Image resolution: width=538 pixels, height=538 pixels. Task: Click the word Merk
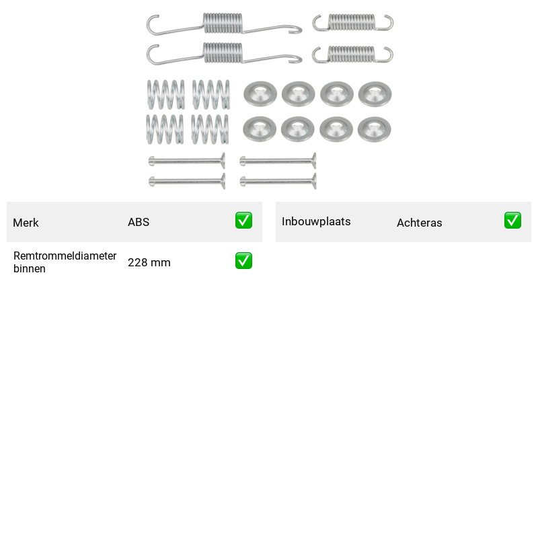coord(26,223)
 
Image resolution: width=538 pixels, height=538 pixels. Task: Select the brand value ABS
coord(139,222)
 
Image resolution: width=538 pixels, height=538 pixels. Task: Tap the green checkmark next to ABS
coord(243,221)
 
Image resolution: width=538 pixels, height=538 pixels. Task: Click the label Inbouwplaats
coord(316,222)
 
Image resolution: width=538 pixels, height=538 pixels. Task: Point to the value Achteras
coord(419,223)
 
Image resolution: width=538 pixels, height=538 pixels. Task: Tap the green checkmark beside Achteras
coord(512,221)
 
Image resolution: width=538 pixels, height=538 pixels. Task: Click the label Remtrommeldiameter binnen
coord(65,262)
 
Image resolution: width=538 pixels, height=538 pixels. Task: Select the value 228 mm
coord(149,262)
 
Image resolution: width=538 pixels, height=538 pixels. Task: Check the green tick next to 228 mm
coord(243,261)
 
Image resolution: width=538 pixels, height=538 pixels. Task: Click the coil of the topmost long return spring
coord(223,24)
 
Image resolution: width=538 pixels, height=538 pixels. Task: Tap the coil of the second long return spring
coord(223,53)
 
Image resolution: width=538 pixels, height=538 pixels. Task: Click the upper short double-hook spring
coord(352,22)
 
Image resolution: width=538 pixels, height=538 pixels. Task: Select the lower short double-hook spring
coord(352,54)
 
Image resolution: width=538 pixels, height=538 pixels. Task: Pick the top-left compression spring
coord(166,94)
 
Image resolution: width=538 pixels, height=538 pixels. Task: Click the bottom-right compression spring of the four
coord(210,129)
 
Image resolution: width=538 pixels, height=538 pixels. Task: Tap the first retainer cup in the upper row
coord(260,93)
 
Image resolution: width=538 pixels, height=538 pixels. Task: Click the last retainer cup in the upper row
coord(375,93)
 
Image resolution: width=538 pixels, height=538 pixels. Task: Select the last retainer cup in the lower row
coord(375,129)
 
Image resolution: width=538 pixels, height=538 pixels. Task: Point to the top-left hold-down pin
coord(187,161)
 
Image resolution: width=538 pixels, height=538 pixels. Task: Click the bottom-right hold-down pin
coord(278,181)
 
